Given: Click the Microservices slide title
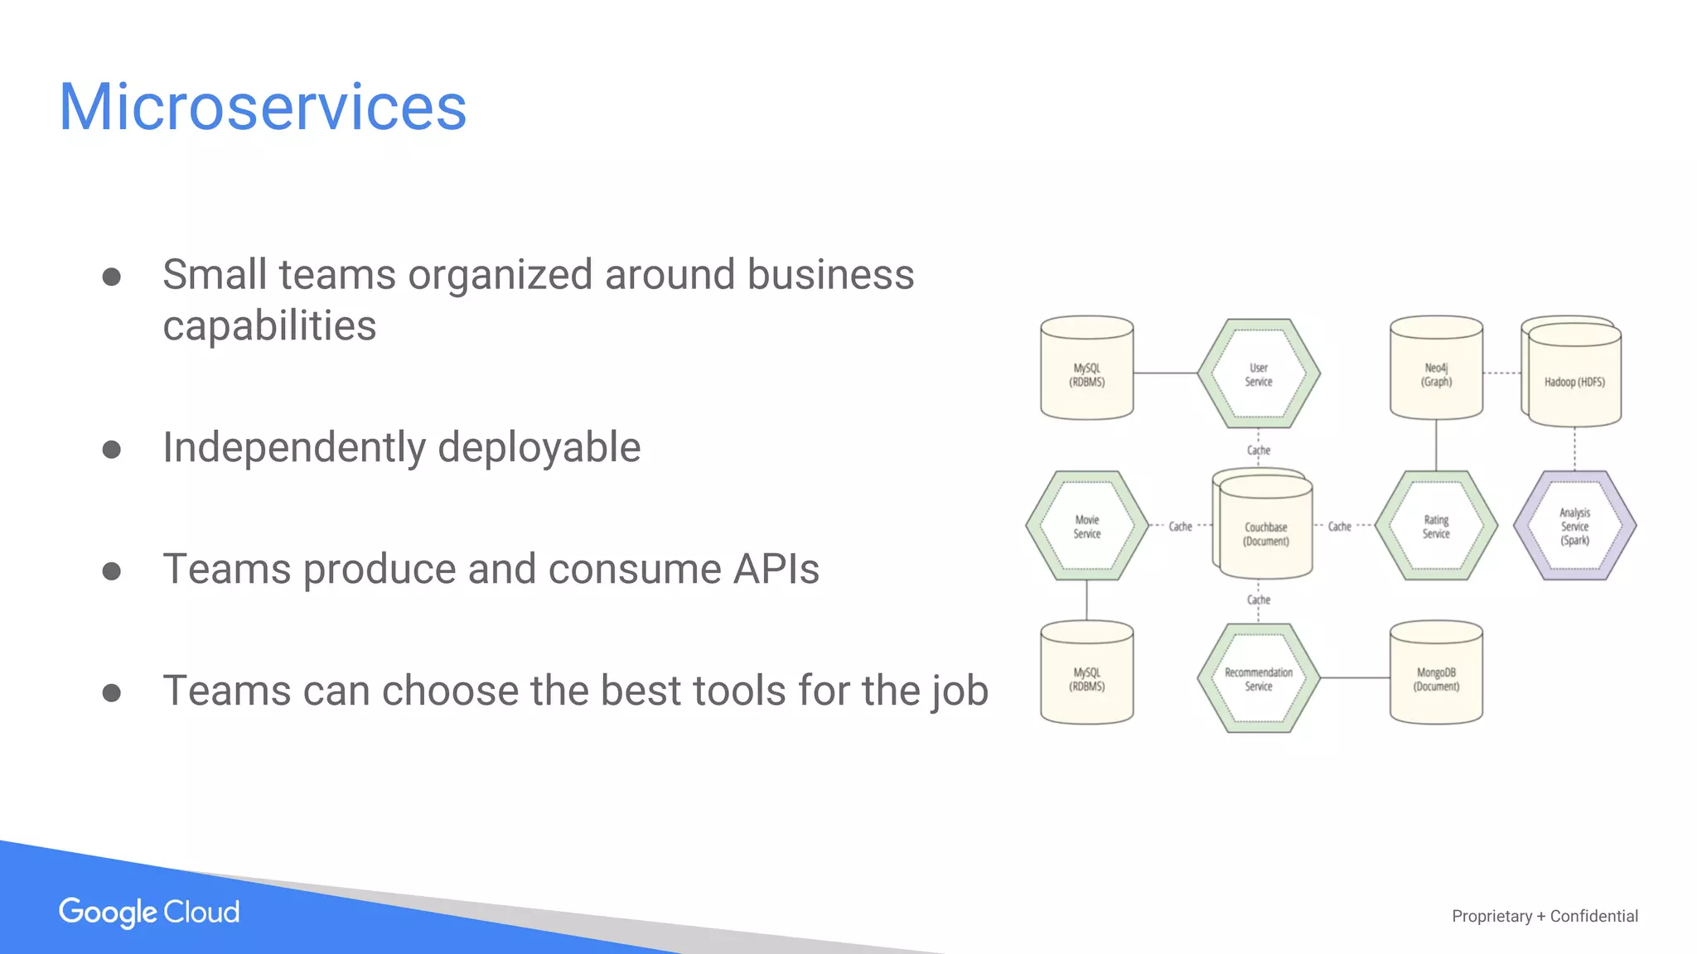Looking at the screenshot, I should tap(263, 108).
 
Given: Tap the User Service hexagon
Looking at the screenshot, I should tap(1258, 374).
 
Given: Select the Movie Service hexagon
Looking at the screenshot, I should tap(1086, 527).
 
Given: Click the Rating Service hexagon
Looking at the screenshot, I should tap(1436, 527).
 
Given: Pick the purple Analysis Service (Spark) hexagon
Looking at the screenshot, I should tap(1574, 527).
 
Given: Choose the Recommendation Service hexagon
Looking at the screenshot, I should tap(1258, 679).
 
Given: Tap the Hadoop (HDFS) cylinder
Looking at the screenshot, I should tap(1574, 377).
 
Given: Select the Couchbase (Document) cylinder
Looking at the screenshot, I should tap(1265, 530).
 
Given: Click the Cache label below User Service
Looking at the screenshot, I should tap(1258, 450).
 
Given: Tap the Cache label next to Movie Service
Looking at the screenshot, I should tap(1180, 527).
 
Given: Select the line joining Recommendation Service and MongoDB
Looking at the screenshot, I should tap(1355, 678).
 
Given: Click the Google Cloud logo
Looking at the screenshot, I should tap(149, 913).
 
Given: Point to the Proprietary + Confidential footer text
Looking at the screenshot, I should tap(1545, 916).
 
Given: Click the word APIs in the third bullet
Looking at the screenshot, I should tap(776, 570).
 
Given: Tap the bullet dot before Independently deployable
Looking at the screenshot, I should tap(112, 450).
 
